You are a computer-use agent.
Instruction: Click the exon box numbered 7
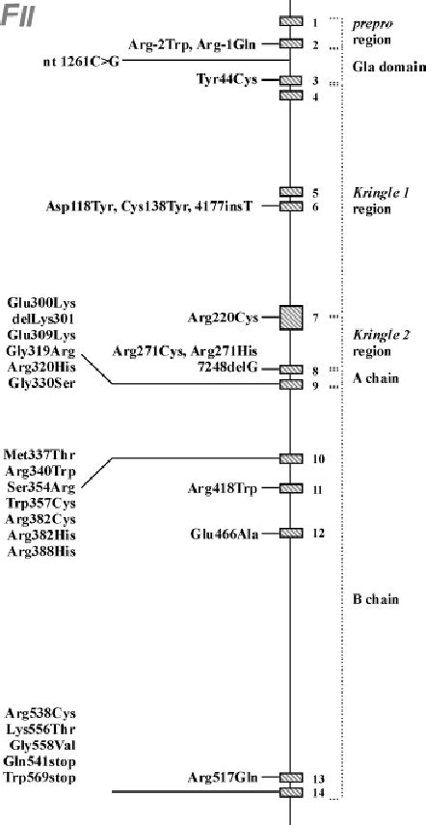pyautogui.click(x=291, y=316)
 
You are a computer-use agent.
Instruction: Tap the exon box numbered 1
pyautogui.click(x=291, y=21)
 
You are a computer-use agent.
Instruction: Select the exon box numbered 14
pyautogui.click(x=291, y=793)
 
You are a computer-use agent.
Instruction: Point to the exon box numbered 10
pyautogui.click(x=291, y=457)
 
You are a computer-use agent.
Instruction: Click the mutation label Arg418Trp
pyautogui.click(x=223, y=490)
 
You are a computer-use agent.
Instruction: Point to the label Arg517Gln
pyautogui.click(x=224, y=778)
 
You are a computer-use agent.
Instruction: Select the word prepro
pyautogui.click(x=375, y=23)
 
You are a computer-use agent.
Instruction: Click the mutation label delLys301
pyautogui.click(x=40, y=318)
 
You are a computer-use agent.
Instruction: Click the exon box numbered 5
pyautogui.click(x=291, y=192)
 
